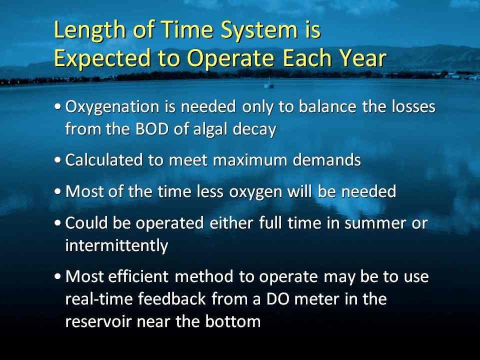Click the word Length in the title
(89, 30)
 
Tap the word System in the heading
(259, 30)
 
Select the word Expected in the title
(102, 58)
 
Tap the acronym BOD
(152, 129)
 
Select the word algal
(211, 129)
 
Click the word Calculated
(104, 160)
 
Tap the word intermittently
(116, 245)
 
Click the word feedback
(172, 298)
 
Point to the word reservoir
(98, 321)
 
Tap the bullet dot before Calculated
(57, 160)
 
